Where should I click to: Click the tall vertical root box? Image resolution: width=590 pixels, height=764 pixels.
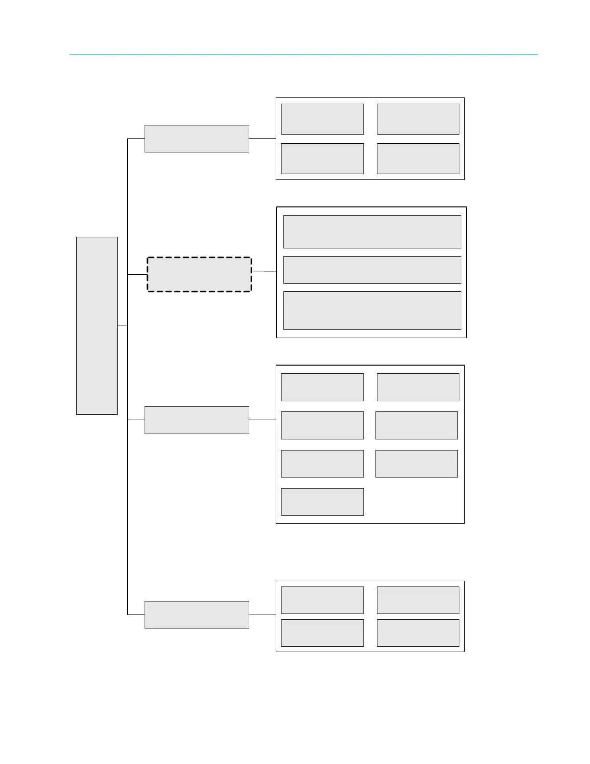[97, 326]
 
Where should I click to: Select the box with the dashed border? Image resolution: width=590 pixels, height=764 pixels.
[199, 274]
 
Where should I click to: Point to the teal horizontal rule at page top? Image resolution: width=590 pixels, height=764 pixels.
[303, 55]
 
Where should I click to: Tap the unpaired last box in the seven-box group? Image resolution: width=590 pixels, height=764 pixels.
[322, 502]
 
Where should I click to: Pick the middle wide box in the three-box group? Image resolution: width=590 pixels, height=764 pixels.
[372, 270]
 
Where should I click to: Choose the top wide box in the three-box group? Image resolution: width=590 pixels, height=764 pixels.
[372, 232]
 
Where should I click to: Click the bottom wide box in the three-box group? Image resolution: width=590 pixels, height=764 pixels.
[372, 311]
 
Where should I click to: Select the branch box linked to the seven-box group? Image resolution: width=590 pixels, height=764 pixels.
[197, 420]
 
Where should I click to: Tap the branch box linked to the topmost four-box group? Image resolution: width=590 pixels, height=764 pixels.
[197, 139]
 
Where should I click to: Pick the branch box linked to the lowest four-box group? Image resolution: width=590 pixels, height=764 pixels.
[197, 614]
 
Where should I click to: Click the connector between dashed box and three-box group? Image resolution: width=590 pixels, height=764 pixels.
[264, 272]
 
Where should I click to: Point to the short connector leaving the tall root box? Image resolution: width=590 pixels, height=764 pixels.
[122, 326]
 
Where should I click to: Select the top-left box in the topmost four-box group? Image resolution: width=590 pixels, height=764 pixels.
[322, 119]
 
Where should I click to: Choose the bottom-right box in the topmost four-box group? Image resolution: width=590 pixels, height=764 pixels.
[418, 159]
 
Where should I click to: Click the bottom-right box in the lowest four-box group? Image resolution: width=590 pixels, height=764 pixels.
[418, 633]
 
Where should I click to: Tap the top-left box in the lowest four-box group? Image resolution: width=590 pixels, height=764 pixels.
[322, 600]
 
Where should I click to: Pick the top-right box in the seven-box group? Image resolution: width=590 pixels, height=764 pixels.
[418, 387]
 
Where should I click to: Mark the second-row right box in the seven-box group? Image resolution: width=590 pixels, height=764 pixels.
[416, 425]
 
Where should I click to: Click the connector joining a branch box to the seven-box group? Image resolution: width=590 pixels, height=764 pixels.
[262, 420]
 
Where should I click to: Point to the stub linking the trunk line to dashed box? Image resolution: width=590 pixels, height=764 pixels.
[137, 274]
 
